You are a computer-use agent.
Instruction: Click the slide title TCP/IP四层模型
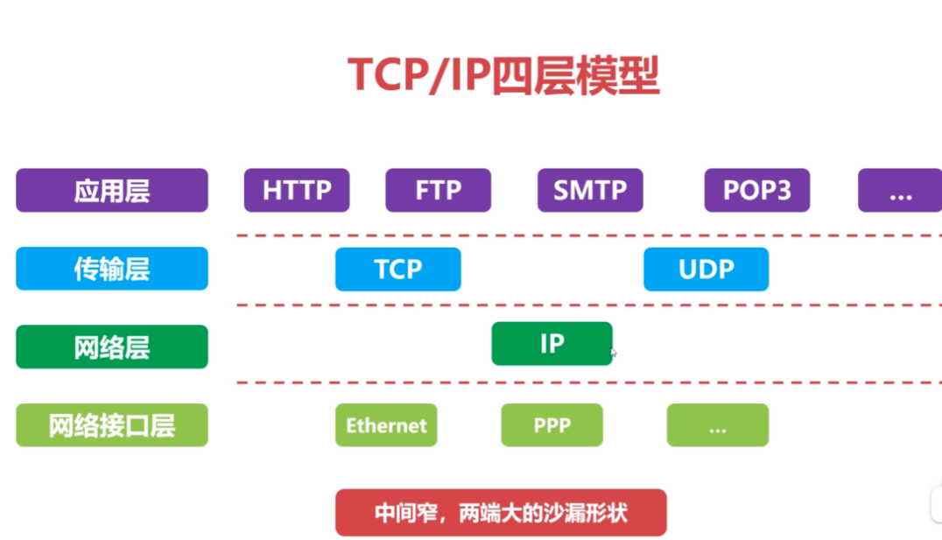pyautogui.click(x=503, y=75)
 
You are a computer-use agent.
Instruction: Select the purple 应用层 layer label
pyautogui.click(x=112, y=191)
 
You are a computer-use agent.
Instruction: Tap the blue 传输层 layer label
pyautogui.click(x=112, y=269)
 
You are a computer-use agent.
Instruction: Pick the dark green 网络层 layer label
pyautogui.click(x=112, y=347)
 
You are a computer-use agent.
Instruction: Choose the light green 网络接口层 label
pyautogui.click(x=112, y=425)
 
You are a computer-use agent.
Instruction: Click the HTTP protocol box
pyautogui.click(x=297, y=191)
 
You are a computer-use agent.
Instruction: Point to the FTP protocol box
pyautogui.click(x=438, y=191)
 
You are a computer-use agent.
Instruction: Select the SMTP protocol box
pyautogui.click(x=590, y=191)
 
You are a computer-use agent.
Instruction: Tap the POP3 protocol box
pyautogui.click(x=757, y=191)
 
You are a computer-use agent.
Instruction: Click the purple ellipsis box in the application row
pyautogui.click(x=899, y=191)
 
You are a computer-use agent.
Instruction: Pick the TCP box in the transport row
pyautogui.click(x=397, y=269)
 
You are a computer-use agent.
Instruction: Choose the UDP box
pyautogui.click(x=706, y=269)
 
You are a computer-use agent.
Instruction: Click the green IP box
pyautogui.click(x=552, y=343)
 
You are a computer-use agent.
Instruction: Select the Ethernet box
pyautogui.click(x=386, y=425)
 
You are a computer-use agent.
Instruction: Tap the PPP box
pyautogui.click(x=552, y=425)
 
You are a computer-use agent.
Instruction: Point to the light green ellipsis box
pyautogui.click(x=718, y=425)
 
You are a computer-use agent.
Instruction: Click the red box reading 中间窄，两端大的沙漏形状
pyautogui.click(x=501, y=512)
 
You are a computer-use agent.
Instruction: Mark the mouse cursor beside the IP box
pyautogui.click(x=614, y=353)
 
